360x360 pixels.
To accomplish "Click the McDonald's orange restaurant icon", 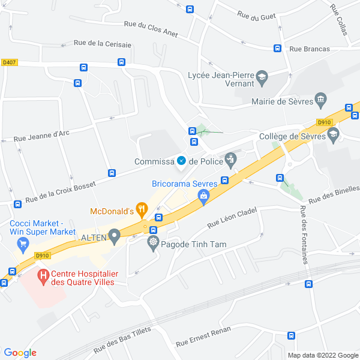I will pos(142,209).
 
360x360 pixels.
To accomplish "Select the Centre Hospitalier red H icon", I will pos(43,277).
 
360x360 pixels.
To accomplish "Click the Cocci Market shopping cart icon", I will pos(23,243).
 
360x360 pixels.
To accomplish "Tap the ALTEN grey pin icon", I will pos(115,238).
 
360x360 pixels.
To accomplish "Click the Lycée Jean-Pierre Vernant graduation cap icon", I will pos(262,76).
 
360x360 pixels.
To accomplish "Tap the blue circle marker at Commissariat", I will pos(181,160).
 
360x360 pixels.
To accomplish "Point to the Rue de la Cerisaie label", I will pos(103,43).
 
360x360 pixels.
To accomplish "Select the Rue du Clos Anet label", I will pos(151,28).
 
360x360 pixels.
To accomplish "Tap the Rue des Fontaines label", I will pos(305,235).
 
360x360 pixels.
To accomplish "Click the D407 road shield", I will pos(8,61).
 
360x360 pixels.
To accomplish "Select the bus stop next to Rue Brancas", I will pos(278,48).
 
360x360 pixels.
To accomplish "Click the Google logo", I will pos(20,352).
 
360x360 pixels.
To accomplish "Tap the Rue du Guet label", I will pos(256,16).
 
